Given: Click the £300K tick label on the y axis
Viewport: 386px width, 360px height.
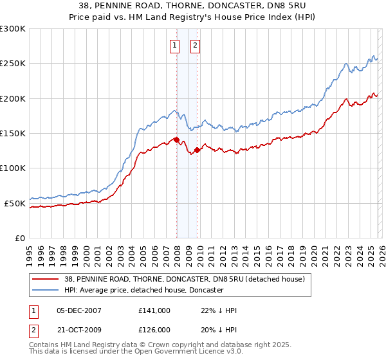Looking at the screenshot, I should point(13,29).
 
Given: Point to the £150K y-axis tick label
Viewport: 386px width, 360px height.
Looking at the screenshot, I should point(13,134).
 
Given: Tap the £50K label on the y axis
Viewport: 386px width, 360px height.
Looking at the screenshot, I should point(15,203).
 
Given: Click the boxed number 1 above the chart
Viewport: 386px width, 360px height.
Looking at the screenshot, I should point(175,45).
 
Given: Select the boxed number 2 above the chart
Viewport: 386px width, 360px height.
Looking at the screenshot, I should point(194,45).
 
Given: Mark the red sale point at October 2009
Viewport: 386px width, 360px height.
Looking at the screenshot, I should point(198,150).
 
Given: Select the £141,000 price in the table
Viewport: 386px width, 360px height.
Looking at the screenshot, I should point(154,310).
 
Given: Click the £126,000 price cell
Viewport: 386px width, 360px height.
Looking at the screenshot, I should point(154,329).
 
